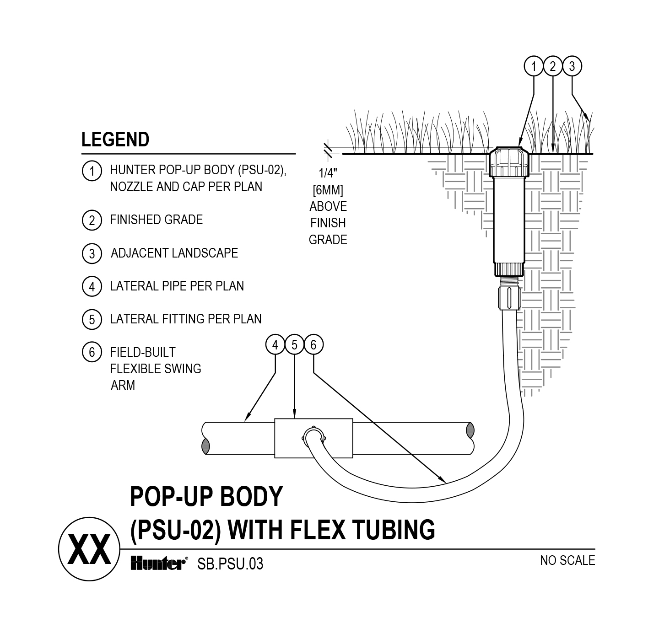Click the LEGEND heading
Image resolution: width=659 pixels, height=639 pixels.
115,140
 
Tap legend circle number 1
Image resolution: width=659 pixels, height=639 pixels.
92,171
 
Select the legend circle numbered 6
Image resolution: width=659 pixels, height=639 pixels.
92,352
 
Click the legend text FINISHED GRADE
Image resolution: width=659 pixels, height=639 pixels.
156,220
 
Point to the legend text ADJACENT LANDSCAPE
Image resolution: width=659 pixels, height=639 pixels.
174,253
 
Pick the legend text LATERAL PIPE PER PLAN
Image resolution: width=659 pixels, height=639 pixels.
177,286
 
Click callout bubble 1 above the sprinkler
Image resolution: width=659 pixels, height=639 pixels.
533,67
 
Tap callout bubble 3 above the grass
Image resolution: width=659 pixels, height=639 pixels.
572,67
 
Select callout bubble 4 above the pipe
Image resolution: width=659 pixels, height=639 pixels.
275,345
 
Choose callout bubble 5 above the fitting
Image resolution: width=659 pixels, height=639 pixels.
294,345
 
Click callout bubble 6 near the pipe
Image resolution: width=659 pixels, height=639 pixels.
313,345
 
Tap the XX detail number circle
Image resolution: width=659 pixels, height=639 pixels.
89,549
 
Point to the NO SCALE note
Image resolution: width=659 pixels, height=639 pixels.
567,561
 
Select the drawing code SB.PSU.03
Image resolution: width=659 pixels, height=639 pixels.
230,564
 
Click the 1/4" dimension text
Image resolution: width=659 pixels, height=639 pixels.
328,173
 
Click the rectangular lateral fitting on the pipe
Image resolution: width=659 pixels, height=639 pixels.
313,438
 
